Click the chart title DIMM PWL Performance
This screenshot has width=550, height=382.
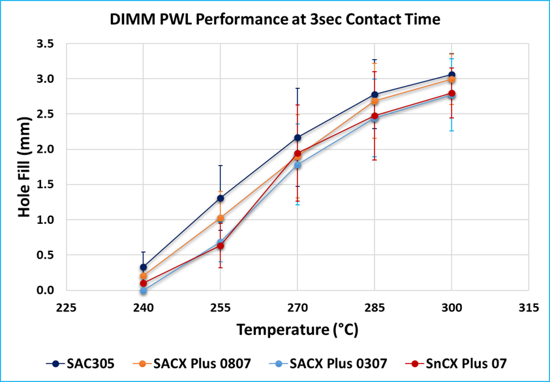pyautogui.click(x=274, y=20)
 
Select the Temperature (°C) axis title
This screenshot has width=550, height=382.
pyautogui.click(x=297, y=330)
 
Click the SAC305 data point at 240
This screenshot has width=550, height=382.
pyautogui.click(x=143, y=267)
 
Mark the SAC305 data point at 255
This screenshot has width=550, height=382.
pyautogui.click(x=220, y=199)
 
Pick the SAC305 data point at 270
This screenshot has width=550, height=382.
pyautogui.click(x=297, y=138)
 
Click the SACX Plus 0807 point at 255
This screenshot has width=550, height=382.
pyautogui.click(x=220, y=218)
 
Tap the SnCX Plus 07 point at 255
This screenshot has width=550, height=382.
pyautogui.click(x=220, y=246)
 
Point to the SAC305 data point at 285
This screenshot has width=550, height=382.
pyautogui.click(x=374, y=95)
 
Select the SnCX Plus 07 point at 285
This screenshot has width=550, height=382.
pyautogui.click(x=374, y=116)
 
